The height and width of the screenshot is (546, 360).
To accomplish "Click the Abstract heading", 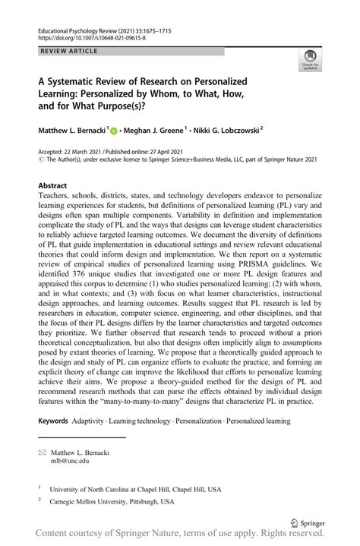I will tap(53, 185).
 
